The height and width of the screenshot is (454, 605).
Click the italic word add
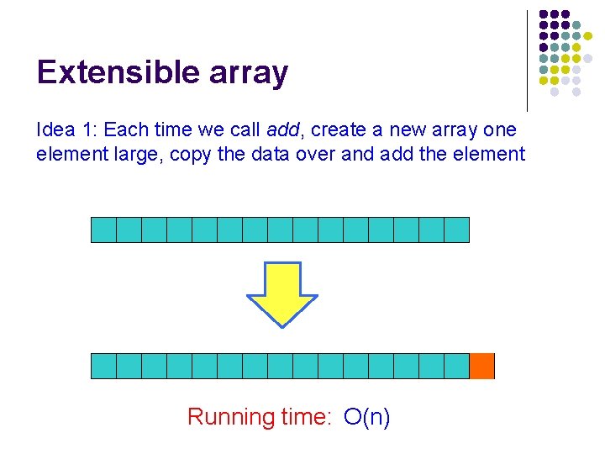tap(283, 130)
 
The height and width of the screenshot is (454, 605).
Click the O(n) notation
tap(367, 417)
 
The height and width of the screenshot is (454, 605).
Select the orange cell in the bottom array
tap(481, 367)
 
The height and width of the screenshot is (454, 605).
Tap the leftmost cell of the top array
tap(103, 230)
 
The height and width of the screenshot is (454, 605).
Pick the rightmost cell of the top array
tap(456, 230)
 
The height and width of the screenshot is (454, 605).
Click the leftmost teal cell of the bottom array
tap(103, 367)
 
